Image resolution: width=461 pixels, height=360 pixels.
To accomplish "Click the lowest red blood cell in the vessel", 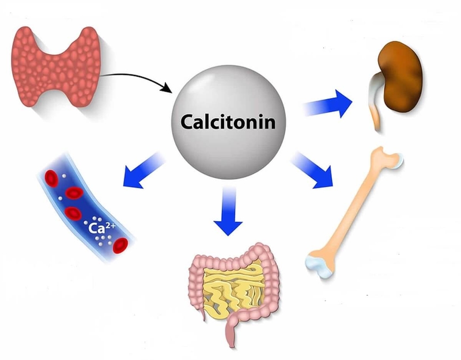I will (120, 246).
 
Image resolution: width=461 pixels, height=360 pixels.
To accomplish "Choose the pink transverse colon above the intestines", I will (231, 258).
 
